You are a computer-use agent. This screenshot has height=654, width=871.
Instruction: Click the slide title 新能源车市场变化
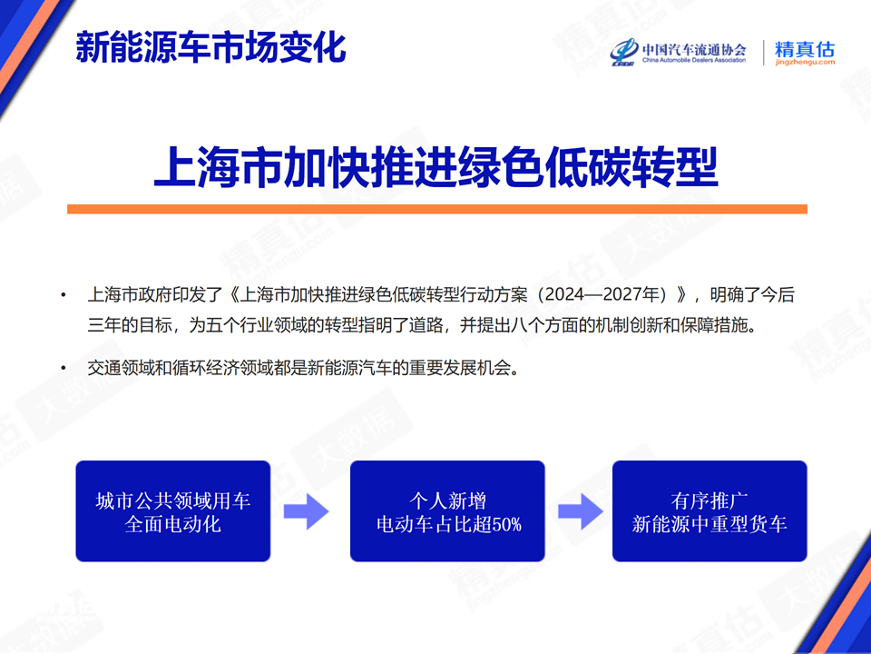[x=211, y=46]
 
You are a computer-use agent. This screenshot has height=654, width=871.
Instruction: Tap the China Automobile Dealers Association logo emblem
[x=624, y=53]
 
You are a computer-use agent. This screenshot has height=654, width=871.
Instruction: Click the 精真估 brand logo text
[x=805, y=49]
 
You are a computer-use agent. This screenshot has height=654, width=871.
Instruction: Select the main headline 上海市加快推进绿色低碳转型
[x=436, y=166]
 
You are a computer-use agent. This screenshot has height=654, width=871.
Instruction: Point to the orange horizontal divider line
[x=437, y=209]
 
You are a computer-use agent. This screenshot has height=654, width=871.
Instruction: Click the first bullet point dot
[x=64, y=294]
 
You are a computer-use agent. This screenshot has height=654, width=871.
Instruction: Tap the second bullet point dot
[x=64, y=368]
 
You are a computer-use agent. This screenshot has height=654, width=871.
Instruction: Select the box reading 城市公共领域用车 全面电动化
[x=172, y=511]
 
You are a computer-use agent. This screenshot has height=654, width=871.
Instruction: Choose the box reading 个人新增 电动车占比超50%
[x=447, y=511]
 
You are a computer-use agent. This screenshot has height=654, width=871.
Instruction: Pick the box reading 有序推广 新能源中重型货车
[x=710, y=511]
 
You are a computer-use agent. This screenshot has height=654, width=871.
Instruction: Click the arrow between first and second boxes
[x=306, y=511]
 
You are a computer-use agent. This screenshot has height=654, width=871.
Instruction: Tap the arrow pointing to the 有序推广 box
[x=581, y=511]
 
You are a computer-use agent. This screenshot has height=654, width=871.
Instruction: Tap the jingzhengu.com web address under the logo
[x=805, y=63]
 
